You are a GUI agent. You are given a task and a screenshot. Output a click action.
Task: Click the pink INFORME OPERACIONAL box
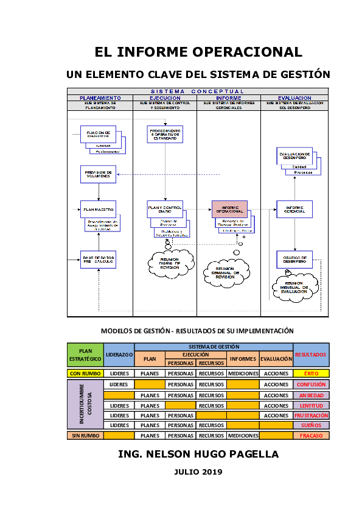(x=229, y=209)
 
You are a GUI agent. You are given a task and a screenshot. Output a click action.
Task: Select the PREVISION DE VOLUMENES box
(x=98, y=174)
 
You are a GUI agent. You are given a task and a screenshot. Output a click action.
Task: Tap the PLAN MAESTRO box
(x=98, y=209)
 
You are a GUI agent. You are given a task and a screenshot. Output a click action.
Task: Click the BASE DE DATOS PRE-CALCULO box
(x=98, y=260)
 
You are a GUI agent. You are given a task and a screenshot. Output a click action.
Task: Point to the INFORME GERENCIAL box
(x=294, y=209)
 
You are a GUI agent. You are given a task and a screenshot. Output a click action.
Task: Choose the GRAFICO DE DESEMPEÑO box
(x=294, y=260)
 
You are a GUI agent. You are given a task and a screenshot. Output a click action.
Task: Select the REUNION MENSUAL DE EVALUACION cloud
(x=295, y=287)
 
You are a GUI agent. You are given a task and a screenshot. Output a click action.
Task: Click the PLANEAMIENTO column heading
(x=100, y=97)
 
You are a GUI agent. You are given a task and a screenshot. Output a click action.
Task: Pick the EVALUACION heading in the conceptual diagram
(x=294, y=97)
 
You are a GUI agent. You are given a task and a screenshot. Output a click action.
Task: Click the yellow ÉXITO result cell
(x=311, y=373)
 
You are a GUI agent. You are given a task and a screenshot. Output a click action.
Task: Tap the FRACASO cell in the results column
(x=311, y=436)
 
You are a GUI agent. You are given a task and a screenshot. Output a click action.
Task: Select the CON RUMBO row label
(x=85, y=373)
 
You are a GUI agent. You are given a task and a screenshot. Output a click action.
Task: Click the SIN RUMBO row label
(x=85, y=436)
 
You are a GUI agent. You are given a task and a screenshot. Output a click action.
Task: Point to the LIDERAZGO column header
(x=119, y=355)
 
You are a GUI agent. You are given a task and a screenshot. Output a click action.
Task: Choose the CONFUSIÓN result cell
(x=311, y=384)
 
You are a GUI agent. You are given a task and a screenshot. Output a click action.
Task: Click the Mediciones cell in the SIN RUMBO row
(x=243, y=436)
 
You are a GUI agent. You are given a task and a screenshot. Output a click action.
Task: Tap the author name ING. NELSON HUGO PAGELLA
(x=198, y=455)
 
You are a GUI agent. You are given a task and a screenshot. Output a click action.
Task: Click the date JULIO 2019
(x=198, y=472)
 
